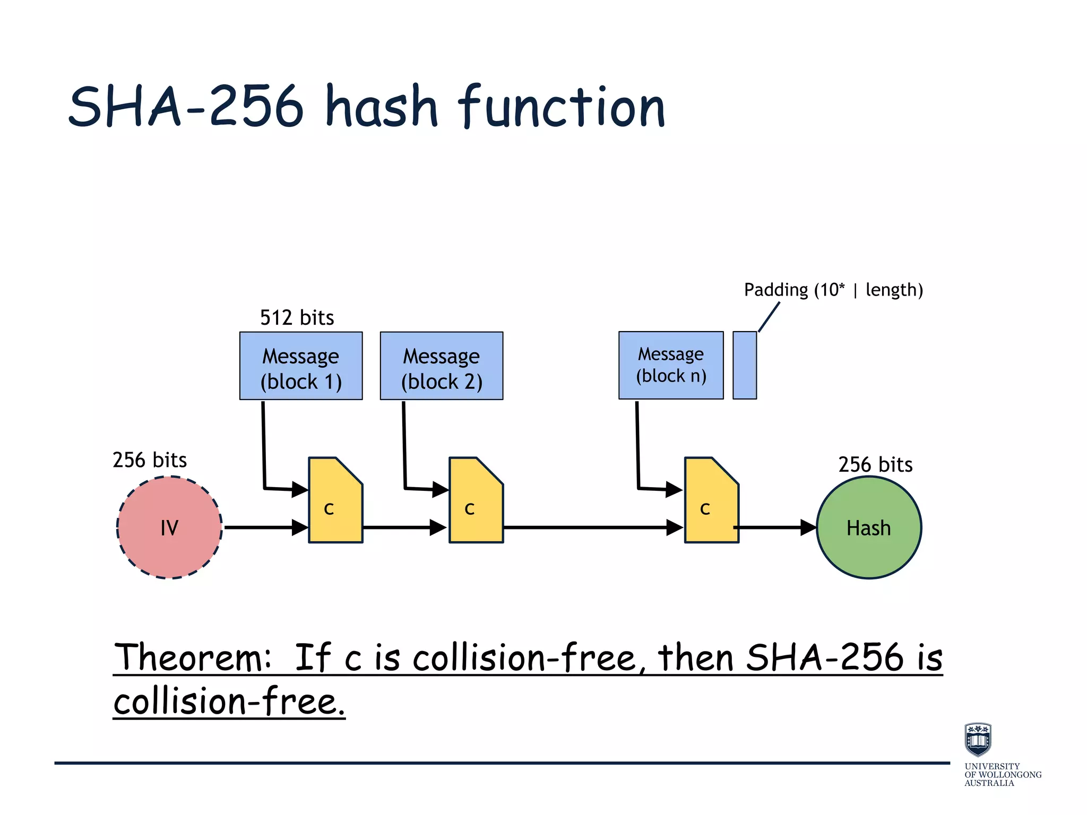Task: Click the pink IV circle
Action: coord(169,527)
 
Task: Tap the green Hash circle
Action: coord(868,527)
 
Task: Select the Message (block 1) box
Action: coord(301,366)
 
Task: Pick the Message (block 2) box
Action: coord(442,366)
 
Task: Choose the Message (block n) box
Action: coord(671,365)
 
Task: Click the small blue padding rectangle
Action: coord(745,365)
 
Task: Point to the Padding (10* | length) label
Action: coord(833,290)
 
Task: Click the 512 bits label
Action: coord(297,318)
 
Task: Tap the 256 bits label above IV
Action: coord(150,460)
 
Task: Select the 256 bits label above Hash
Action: coord(875,465)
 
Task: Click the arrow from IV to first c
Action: coord(265,527)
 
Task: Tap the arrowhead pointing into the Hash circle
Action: coord(808,527)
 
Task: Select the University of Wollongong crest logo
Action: coord(978,739)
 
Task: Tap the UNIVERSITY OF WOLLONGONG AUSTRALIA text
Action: coord(1002,775)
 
